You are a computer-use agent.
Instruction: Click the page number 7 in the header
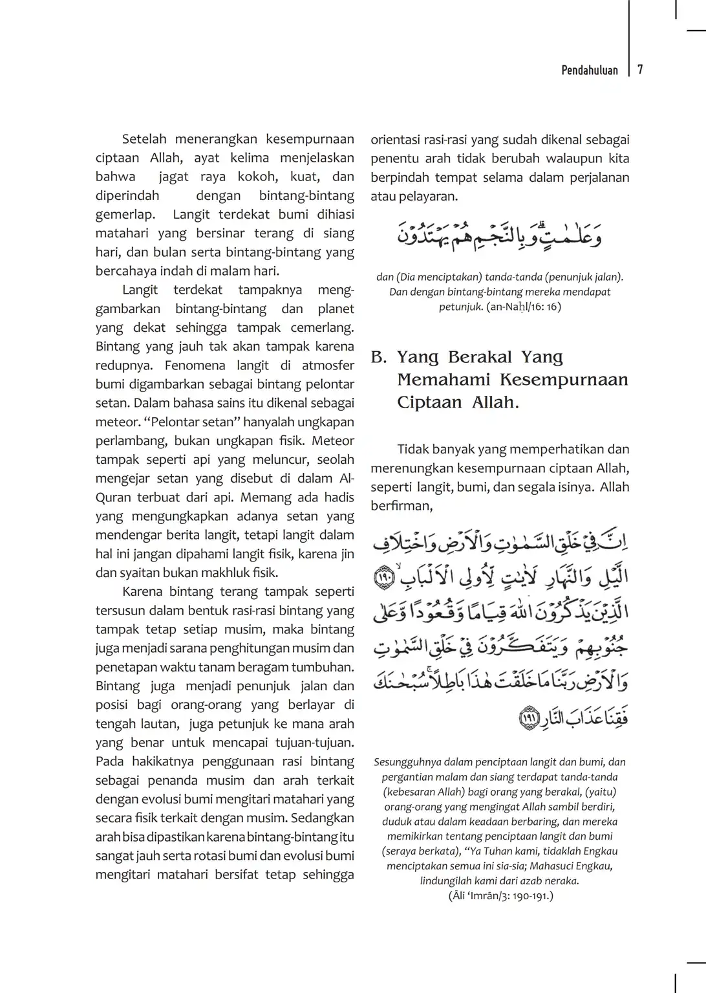pyautogui.click(x=640, y=70)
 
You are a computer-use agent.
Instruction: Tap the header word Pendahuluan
pyautogui.click(x=589, y=70)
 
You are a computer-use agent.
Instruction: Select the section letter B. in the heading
pyautogui.click(x=379, y=357)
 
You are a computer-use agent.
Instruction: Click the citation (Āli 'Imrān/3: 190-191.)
pyautogui.click(x=500, y=896)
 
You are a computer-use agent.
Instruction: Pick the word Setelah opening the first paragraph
pyautogui.click(x=144, y=139)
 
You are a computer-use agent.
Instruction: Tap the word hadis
pyautogui.click(x=339, y=497)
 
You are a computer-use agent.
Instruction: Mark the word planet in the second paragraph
pyautogui.click(x=336, y=309)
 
